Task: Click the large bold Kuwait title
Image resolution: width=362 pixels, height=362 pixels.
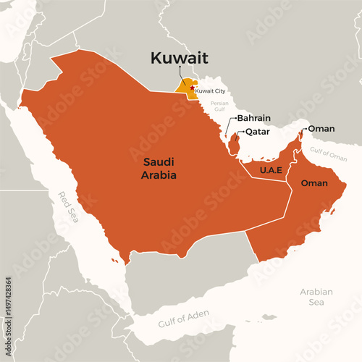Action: click(x=179, y=57)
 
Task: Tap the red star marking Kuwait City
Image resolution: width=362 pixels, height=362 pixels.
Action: click(x=192, y=88)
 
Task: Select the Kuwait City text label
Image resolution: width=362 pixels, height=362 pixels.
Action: click(x=211, y=90)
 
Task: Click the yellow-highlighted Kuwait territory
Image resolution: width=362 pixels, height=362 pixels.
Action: click(x=186, y=91)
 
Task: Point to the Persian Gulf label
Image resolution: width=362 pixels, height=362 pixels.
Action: click(x=219, y=106)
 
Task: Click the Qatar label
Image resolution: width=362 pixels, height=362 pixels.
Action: click(x=257, y=132)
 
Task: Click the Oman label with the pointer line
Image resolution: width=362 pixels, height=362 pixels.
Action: click(x=321, y=129)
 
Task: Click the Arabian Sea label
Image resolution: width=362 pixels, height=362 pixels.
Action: click(x=316, y=296)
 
